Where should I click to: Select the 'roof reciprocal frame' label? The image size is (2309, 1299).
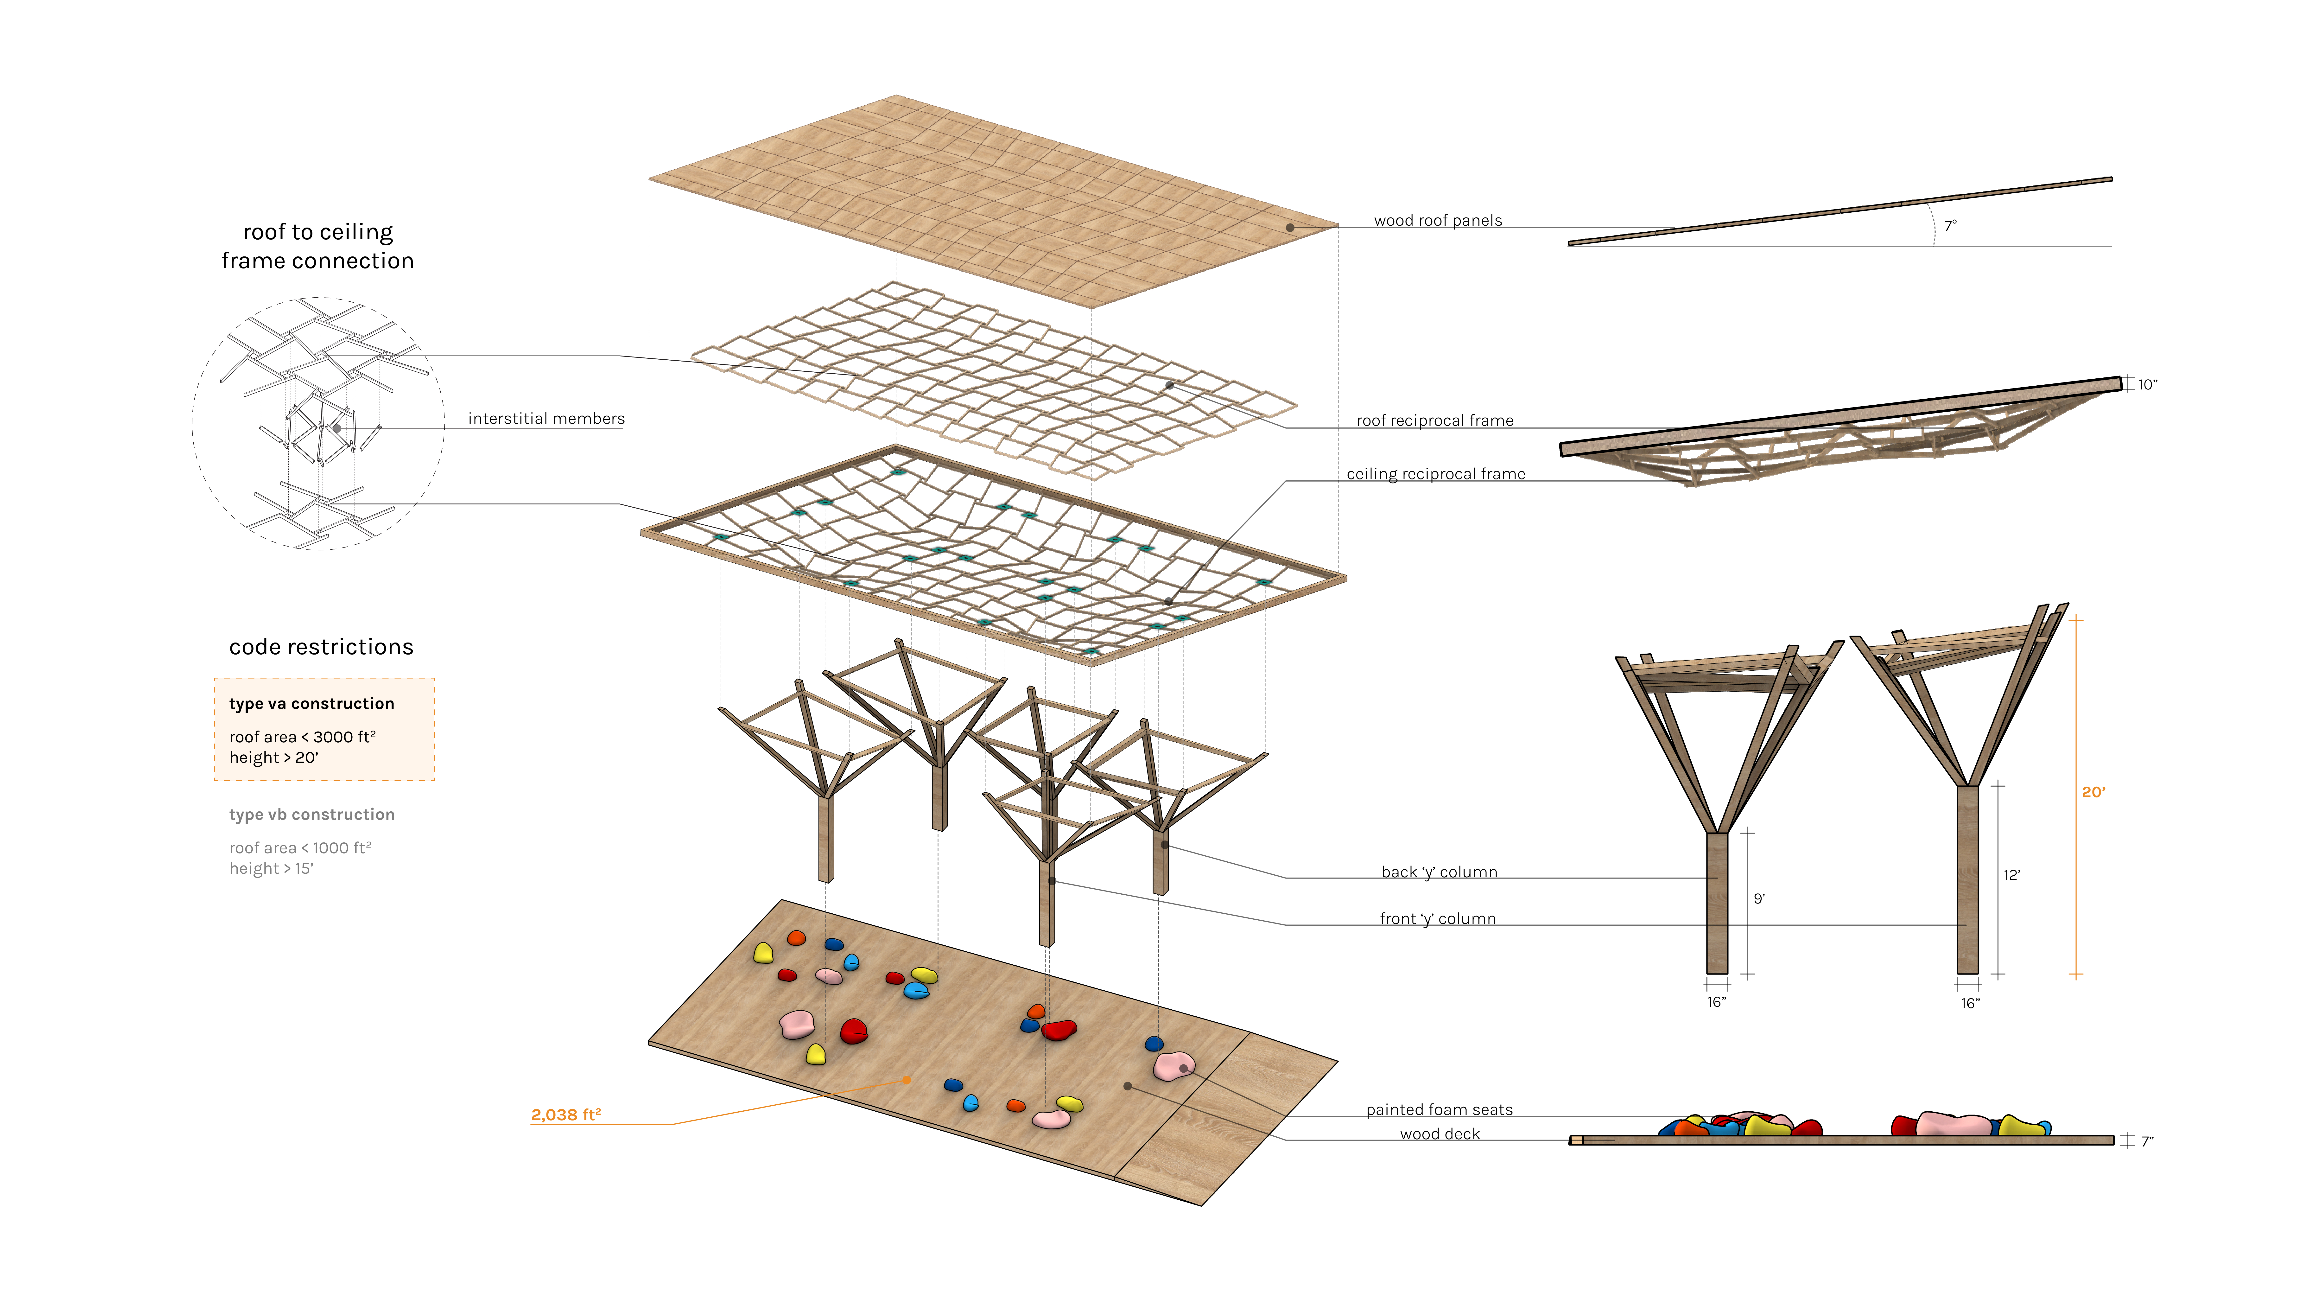pos(1434,420)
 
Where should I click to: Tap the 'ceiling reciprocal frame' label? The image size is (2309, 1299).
pos(1435,474)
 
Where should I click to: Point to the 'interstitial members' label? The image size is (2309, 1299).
pos(546,419)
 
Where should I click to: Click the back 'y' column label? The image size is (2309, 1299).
pos(1439,872)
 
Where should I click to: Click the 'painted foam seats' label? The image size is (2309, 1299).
pos(1439,1110)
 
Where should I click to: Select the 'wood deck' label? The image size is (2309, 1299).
pos(1440,1134)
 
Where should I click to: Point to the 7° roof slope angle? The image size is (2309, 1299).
pos(1950,226)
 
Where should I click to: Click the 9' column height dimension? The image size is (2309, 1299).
pos(1759,898)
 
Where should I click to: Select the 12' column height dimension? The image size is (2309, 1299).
pos(2011,875)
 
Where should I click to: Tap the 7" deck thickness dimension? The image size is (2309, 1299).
pos(2147,1141)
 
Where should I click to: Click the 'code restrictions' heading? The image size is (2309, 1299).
pos(321,647)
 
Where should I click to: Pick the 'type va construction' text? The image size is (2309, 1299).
pos(311,704)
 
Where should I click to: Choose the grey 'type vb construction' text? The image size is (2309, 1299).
pos(311,815)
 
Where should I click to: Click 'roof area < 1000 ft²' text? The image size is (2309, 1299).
pos(299,848)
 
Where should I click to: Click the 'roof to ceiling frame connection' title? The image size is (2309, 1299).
pos(317,247)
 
